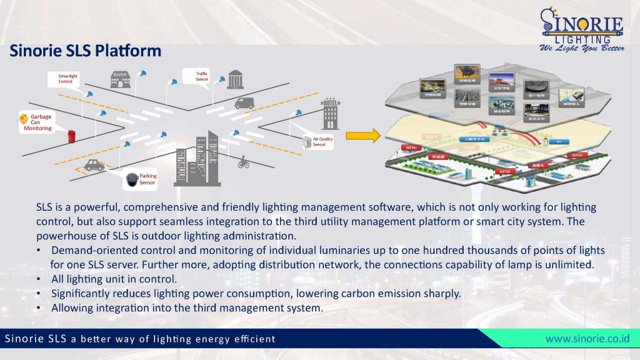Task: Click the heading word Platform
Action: (129, 51)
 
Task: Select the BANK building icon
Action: (121, 77)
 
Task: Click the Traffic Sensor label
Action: (202, 76)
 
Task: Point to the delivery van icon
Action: (244, 103)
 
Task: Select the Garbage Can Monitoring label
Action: (41, 122)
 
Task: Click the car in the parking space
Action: (94, 166)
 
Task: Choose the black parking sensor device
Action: (131, 180)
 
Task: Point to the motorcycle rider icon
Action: (243, 162)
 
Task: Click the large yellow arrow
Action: (363, 134)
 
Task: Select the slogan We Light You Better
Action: (581, 49)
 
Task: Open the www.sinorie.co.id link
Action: (587, 339)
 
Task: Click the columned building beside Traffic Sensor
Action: (236, 79)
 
